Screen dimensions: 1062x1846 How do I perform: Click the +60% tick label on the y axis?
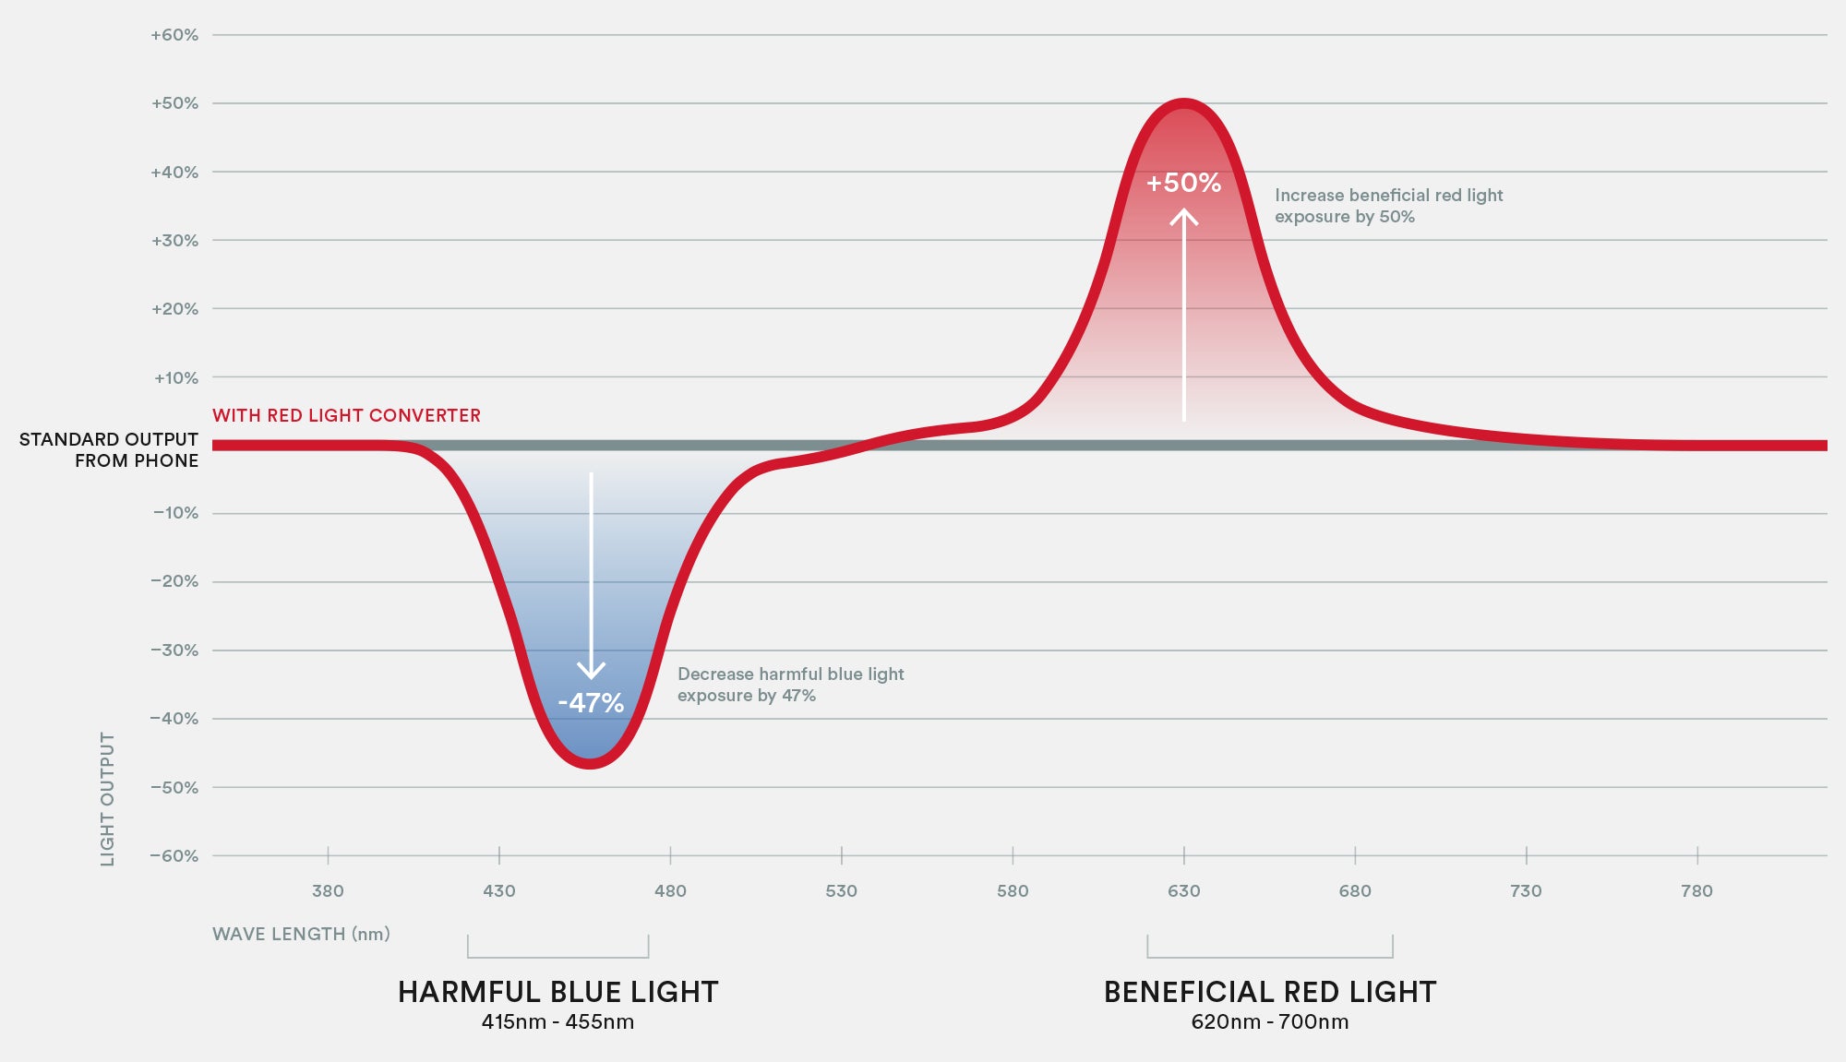click(174, 35)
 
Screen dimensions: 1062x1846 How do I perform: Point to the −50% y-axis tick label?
click(174, 787)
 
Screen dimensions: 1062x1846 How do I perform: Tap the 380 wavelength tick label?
click(328, 890)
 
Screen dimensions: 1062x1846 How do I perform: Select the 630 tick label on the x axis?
click(1183, 890)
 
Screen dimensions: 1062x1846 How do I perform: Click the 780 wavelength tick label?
click(1696, 890)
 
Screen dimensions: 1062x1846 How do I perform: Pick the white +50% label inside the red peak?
click(1183, 183)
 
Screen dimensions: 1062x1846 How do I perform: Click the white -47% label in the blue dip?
click(591, 703)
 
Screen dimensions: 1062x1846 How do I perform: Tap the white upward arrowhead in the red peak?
click(1184, 217)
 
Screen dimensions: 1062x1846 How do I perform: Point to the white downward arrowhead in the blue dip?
click(591, 670)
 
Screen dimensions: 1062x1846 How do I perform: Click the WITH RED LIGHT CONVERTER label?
click(346, 415)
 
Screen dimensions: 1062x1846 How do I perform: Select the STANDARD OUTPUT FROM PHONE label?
click(109, 449)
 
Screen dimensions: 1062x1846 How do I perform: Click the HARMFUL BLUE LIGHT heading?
click(557, 992)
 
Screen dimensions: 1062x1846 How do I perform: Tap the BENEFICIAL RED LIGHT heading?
click(1270, 992)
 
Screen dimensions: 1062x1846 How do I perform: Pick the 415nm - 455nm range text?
click(557, 1022)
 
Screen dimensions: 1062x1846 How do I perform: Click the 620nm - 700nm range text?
click(1270, 1022)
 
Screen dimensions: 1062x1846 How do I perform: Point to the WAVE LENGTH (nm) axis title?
click(301, 934)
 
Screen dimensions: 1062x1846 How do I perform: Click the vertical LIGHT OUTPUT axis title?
click(108, 799)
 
